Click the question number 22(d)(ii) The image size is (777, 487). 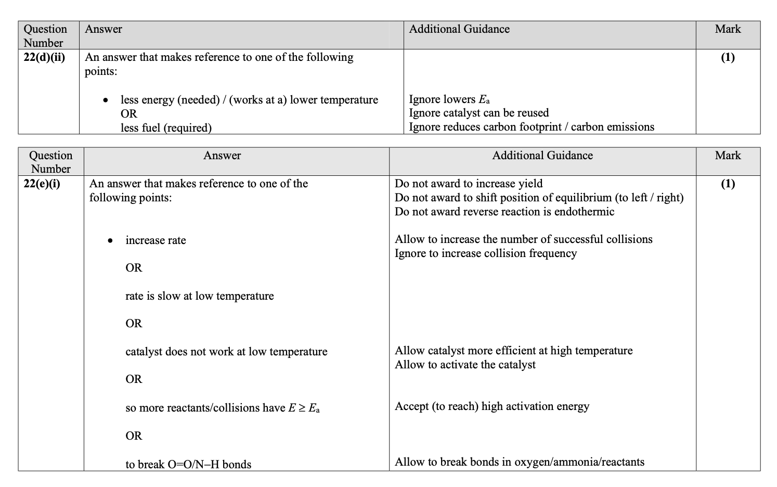(x=44, y=57)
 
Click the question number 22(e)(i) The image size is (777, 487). (x=42, y=184)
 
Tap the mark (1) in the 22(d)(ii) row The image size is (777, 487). (x=728, y=57)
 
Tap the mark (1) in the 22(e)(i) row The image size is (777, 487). (x=728, y=184)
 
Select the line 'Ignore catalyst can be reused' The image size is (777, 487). (x=478, y=113)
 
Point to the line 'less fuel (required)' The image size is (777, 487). (x=166, y=128)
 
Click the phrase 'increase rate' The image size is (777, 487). (x=156, y=240)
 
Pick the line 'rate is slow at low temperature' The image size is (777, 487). (x=199, y=296)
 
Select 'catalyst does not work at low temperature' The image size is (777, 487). (x=226, y=352)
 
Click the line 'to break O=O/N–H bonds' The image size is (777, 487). (x=188, y=465)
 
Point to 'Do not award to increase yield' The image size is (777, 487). (x=468, y=184)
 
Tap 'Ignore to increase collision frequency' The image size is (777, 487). (x=485, y=253)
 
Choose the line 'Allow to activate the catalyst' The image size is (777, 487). (x=464, y=365)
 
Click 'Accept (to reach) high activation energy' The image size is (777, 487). (x=491, y=406)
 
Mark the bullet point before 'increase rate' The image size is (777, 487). (x=110, y=241)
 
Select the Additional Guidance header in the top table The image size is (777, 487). (x=459, y=29)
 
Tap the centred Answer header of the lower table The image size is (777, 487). (x=222, y=156)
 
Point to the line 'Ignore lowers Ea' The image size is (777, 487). (x=449, y=99)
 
